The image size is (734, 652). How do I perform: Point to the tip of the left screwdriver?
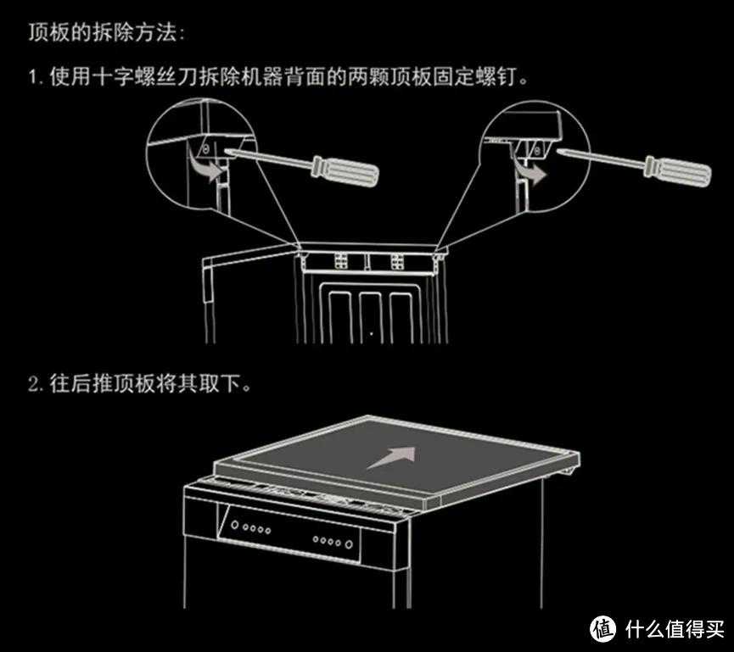tap(226, 151)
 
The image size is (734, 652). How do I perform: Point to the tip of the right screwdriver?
tap(559, 151)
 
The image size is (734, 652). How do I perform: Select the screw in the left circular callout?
tap(205, 150)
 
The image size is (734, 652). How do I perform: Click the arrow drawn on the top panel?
tap(392, 457)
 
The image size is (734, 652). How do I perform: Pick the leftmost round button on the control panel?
tap(235, 526)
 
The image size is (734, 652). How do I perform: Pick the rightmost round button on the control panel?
tap(349, 544)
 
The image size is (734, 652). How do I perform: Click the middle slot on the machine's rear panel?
tap(370, 316)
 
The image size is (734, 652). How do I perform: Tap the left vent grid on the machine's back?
tap(341, 261)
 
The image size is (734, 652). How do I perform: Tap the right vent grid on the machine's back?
tap(397, 261)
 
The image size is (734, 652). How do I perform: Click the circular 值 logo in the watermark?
tap(604, 628)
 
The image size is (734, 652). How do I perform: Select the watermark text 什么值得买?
tap(674, 629)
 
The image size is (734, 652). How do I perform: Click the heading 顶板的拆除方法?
tap(102, 33)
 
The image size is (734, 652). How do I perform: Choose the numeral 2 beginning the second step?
tap(34, 384)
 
